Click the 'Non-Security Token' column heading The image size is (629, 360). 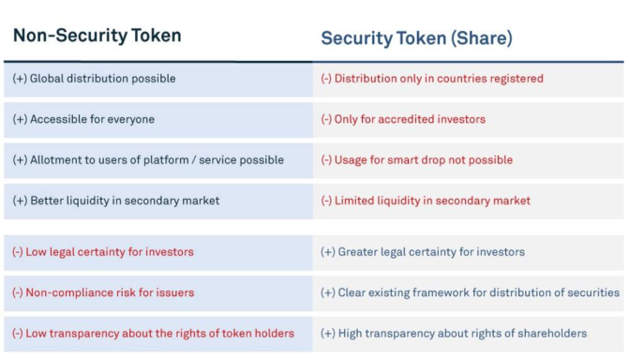pos(97,36)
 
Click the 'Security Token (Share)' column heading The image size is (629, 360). pos(416,38)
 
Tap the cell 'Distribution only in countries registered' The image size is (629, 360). pos(432,79)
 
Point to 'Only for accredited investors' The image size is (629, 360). pos(403,120)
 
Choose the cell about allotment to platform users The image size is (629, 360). pos(148,160)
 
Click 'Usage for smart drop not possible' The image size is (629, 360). pos(417,160)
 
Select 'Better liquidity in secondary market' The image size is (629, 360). pos(116,201)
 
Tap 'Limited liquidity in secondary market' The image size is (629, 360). pos(426,201)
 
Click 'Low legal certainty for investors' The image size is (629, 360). pos(103,252)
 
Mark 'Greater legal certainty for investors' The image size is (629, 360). pos(423,252)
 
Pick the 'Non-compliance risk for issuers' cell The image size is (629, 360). pos(103,292)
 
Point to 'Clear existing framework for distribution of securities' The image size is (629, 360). pos(470,292)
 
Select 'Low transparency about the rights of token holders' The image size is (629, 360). pos(153,334)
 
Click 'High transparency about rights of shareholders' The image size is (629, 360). pos(454,334)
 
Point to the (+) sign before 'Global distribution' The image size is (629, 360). pos(20,79)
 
